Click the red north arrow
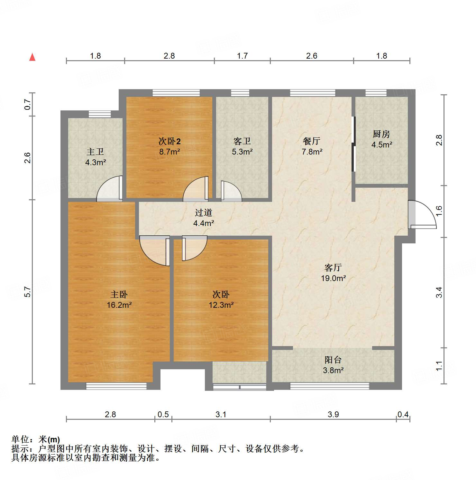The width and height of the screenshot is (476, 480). click(32, 57)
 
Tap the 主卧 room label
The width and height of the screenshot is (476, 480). click(119, 294)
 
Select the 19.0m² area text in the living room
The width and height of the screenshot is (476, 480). click(333, 278)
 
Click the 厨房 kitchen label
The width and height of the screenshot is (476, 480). click(381, 134)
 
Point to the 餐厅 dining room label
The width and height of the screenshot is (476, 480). click(311, 141)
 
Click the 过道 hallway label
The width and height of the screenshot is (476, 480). click(203, 212)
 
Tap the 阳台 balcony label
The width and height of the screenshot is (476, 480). click(333, 360)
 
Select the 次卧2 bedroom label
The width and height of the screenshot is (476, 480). click(169, 141)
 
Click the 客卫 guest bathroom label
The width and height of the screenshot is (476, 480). click(242, 141)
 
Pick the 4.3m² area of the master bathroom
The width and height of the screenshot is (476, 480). click(96, 162)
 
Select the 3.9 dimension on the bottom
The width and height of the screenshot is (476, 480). click(333, 414)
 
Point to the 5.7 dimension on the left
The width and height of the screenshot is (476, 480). click(28, 292)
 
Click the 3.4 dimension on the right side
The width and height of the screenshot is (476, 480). click(439, 292)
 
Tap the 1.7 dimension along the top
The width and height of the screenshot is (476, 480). click(242, 56)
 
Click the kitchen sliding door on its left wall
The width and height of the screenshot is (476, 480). click(354, 144)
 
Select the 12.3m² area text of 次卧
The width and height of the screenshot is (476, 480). click(221, 305)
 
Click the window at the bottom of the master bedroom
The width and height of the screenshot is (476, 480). click(116, 386)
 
